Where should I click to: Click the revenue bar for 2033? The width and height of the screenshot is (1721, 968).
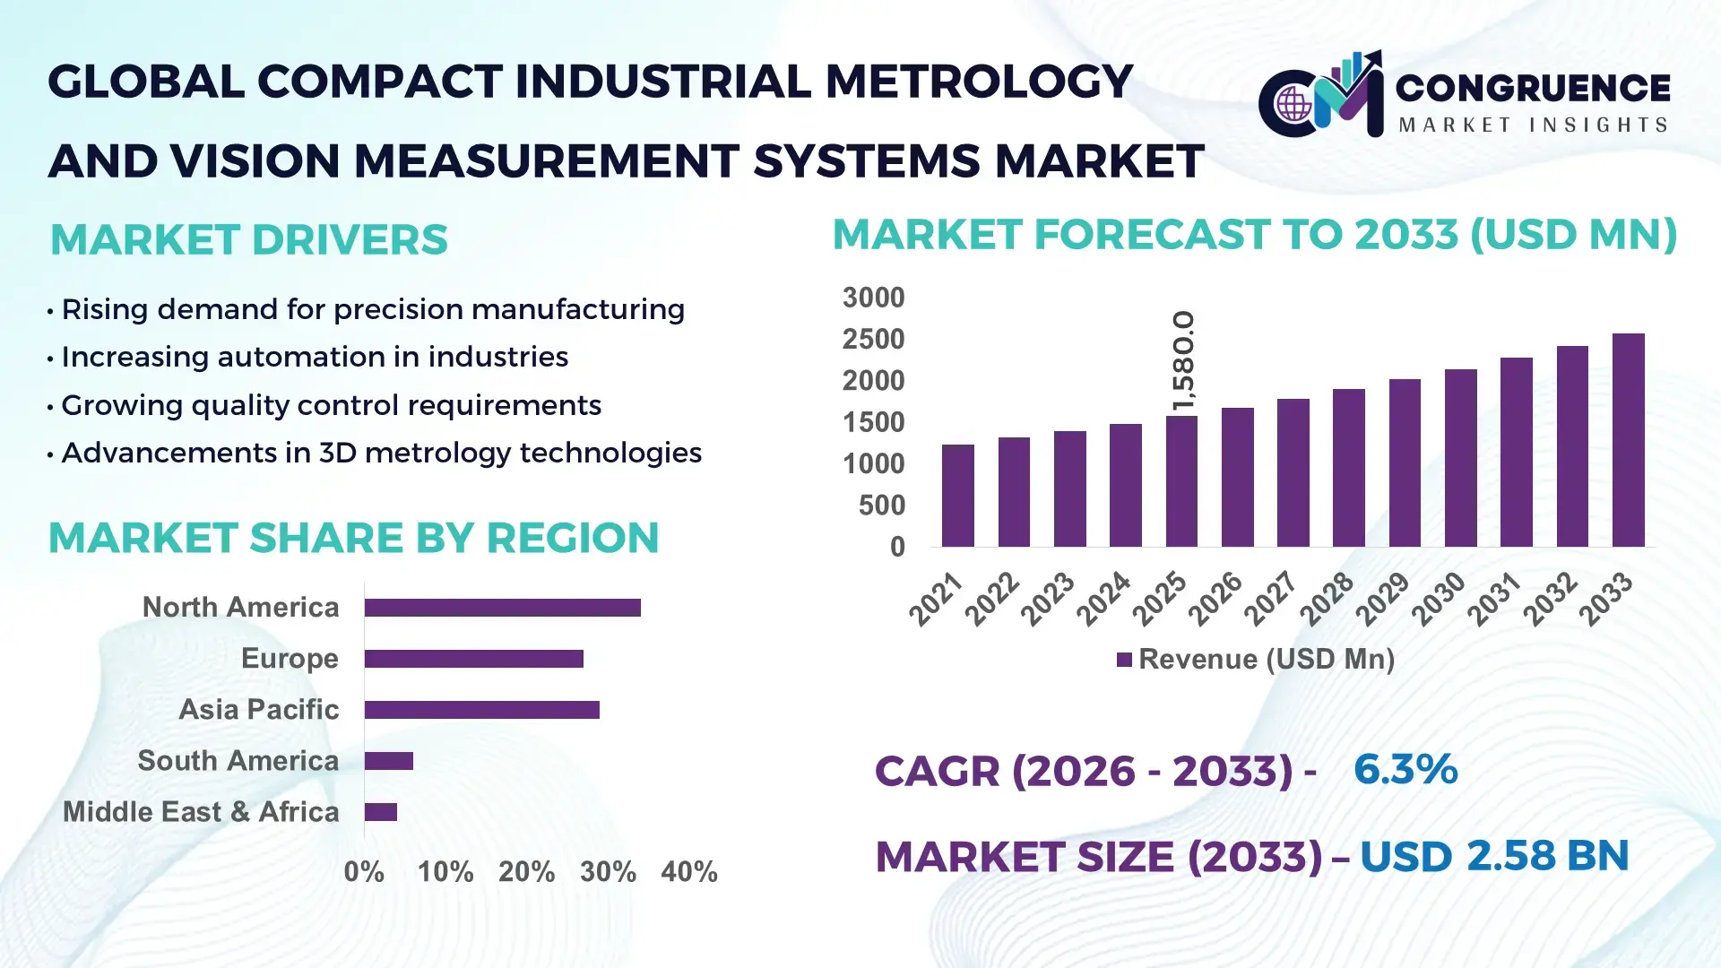1628,440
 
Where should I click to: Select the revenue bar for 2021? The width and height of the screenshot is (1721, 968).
957,496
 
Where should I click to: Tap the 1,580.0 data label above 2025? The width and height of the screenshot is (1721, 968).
1183,361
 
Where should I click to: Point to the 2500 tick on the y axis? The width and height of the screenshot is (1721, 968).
873,340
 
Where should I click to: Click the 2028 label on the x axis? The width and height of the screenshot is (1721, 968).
1327,598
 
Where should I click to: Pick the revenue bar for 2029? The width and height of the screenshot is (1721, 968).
1405,462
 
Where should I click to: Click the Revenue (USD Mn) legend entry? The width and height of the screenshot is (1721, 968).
1255,660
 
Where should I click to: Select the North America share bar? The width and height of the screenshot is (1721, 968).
502,608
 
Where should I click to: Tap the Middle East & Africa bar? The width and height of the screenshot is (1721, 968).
381,812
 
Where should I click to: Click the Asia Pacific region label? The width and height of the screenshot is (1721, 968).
258,710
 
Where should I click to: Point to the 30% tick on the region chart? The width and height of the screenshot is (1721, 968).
608,872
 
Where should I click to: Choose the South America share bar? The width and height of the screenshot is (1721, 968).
389,761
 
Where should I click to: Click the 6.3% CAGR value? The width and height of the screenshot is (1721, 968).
1405,770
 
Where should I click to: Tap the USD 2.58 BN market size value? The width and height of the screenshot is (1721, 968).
1493,856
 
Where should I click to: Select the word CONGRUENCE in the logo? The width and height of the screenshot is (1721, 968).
1532,88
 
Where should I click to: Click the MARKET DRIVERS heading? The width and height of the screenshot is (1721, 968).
248,240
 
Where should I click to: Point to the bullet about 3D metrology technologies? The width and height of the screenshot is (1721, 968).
381,454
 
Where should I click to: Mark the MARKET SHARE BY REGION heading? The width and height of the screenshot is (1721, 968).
353,539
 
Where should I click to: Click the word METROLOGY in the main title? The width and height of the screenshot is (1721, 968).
978,82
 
